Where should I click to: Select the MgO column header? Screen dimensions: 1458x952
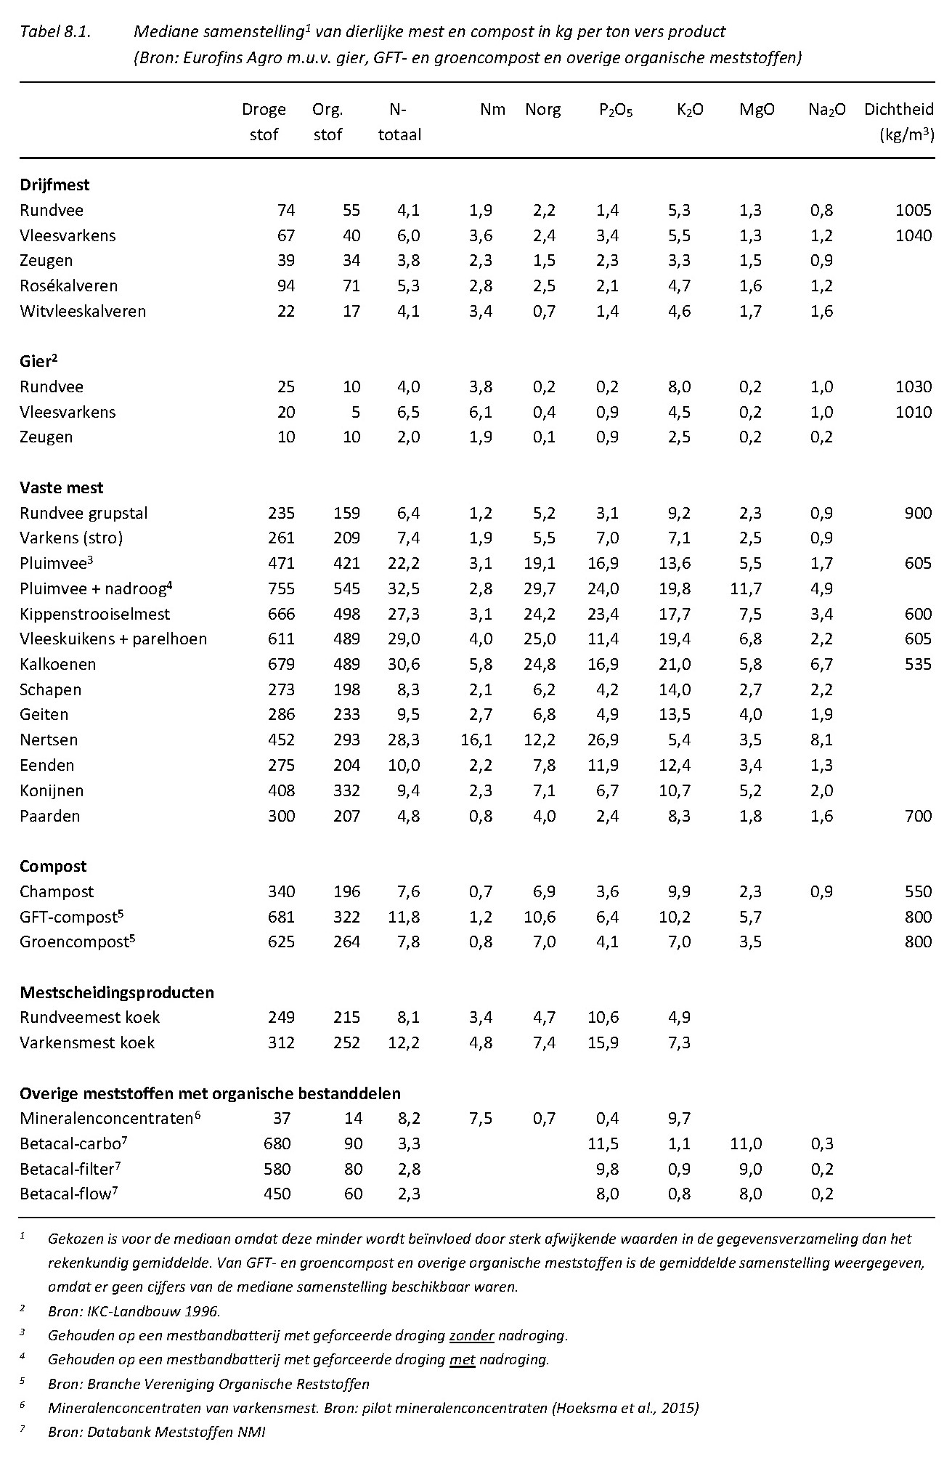click(757, 110)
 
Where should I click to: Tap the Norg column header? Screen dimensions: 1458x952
click(542, 110)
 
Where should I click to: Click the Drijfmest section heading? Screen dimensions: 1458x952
click(54, 185)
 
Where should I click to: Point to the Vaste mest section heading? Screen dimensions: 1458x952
click(62, 487)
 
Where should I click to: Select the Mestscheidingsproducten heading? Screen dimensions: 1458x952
click(117, 992)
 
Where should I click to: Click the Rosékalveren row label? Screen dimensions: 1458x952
click(68, 285)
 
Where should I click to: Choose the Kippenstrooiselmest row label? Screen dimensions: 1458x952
click(94, 614)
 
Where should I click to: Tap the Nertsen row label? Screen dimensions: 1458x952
click(49, 740)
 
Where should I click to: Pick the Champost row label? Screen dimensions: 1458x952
click(57, 891)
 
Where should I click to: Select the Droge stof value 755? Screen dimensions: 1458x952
click(280, 588)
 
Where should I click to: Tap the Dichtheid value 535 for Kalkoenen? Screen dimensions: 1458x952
click(918, 664)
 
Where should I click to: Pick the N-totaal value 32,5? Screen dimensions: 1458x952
click(404, 588)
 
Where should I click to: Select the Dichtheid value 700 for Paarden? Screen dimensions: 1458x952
click(918, 816)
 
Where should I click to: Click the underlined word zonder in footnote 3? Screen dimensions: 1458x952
click(472, 1335)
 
